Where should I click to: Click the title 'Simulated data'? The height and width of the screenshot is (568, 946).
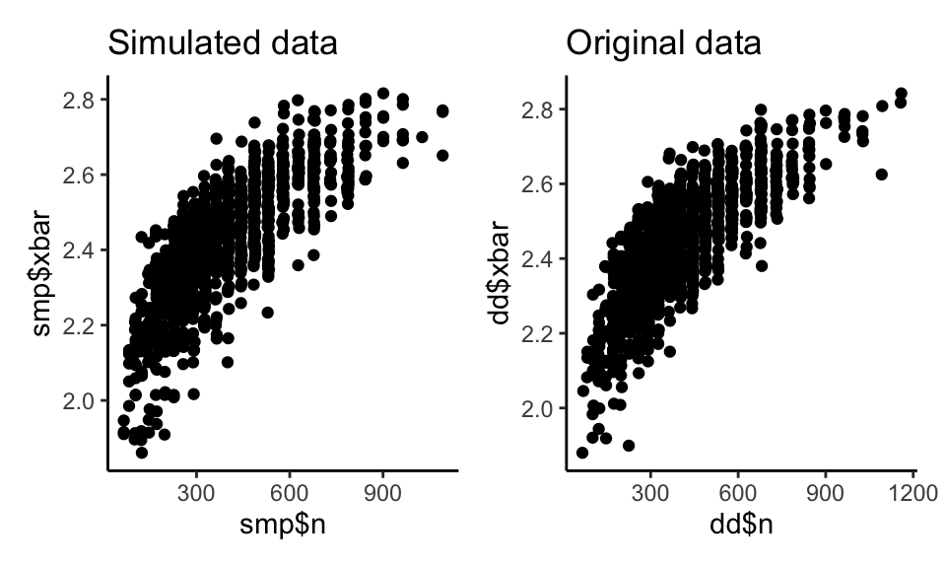(x=223, y=44)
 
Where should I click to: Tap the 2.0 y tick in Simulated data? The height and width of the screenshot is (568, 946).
(x=83, y=400)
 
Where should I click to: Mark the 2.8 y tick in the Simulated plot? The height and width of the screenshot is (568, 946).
(x=83, y=100)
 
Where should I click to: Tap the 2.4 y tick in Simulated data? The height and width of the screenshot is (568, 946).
(x=83, y=250)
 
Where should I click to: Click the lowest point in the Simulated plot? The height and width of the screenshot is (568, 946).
(x=142, y=452)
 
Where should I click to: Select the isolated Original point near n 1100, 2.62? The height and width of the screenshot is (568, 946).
(x=882, y=175)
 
